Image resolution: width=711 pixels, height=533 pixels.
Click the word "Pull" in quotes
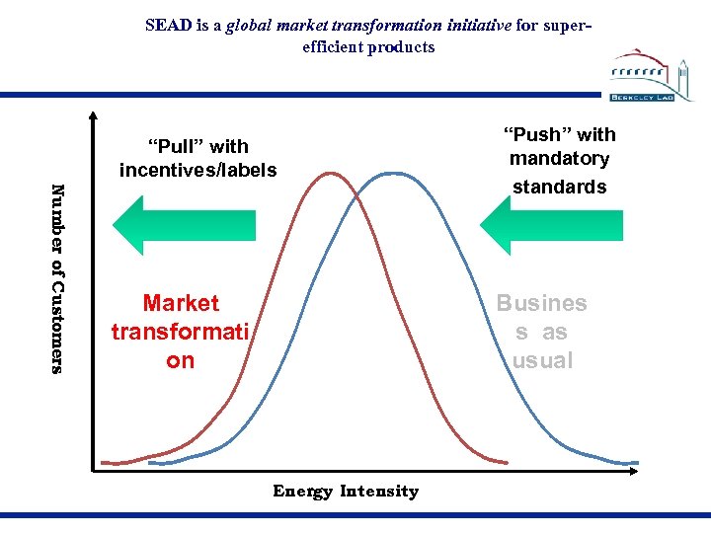[197, 147]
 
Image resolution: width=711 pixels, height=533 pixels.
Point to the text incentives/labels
[197, 170]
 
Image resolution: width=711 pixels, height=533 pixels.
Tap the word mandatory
[559, 158]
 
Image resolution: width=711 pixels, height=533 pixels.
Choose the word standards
[559, 186]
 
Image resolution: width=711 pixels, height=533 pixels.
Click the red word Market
[181, 303]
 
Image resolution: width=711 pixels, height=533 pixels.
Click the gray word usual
[542, 360]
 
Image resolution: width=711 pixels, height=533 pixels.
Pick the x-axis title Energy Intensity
[346, 491]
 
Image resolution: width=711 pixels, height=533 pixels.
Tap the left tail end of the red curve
[104, 462]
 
